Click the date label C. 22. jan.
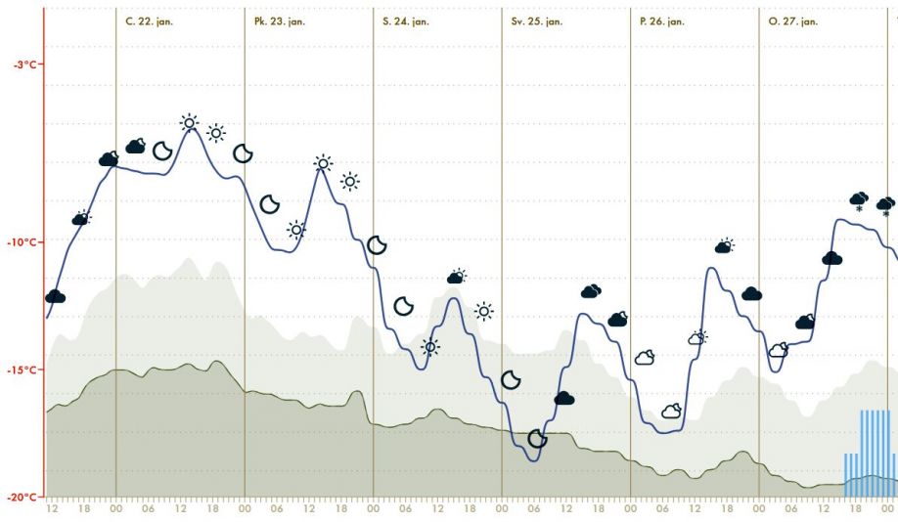pos(150,22)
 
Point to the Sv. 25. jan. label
pos(537,22)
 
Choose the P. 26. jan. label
pos(662,22)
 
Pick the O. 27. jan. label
pos(793,22)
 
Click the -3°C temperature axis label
pos(26,65)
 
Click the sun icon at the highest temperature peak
pos(189,123)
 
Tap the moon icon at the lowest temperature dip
pos(537,439)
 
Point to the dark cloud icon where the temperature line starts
pos(55,295)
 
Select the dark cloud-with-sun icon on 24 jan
pos(456,277)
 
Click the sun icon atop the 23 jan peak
pos(323,163)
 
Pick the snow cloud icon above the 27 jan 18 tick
pos(859,200)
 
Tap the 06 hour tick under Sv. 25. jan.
pos(534,508)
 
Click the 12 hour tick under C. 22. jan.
pos(181,508)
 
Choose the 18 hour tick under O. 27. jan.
pos(856,508)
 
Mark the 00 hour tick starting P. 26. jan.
pos(630,508)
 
